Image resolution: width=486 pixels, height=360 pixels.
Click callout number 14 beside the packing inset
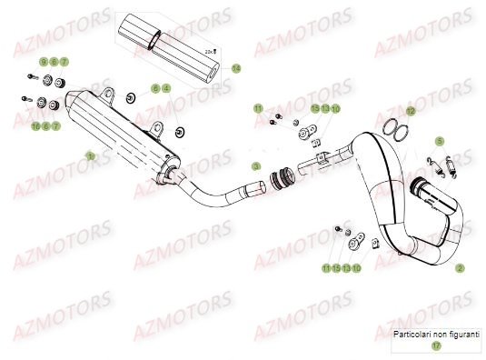[x=236, y=68]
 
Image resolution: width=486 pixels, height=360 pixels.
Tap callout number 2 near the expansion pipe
[x=460, y=268]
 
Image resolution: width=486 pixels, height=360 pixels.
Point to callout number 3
[x=257, y=166]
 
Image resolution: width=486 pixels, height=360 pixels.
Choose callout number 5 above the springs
[x=439, y=141]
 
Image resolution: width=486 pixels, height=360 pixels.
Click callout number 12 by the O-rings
[x=410, y=111]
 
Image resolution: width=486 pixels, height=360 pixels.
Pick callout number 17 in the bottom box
[x=436, y=345]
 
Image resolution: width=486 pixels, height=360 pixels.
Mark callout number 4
[x=167, y=88]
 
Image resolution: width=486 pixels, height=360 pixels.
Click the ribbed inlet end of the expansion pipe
[x=427, y=190]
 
